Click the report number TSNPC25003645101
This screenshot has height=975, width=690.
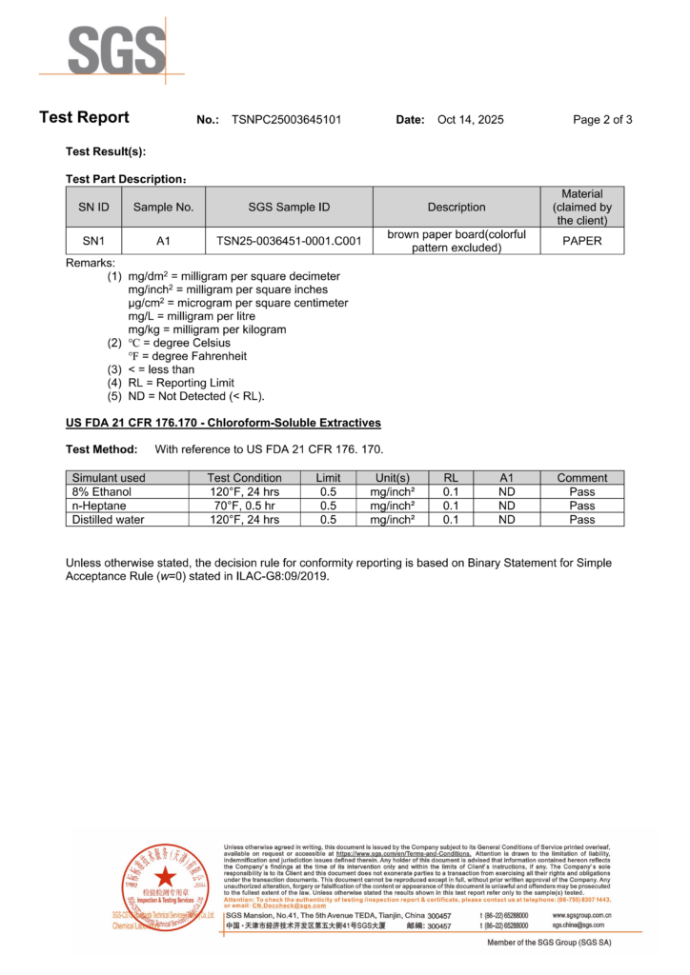pos(286,120)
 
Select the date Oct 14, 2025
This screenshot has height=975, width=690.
pos(470,120)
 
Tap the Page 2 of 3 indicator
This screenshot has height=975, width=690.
pos(602,120)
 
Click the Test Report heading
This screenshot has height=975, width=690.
pos(84,118)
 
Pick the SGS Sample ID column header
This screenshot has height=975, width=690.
pos(289,207)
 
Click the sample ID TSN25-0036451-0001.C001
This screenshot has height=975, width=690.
pos(289,241)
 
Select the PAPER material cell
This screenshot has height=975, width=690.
pos(581,241)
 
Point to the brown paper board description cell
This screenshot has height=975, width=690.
pos(457,241)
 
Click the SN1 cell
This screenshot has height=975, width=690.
pos(93,241)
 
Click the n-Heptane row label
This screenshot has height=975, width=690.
pos(99,506)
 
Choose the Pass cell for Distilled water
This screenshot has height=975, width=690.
pos(581,520)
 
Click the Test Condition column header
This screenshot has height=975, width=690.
pos(245,478)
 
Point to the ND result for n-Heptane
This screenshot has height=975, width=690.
pos(506,506)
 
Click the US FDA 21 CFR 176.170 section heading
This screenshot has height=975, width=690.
pos(223,423)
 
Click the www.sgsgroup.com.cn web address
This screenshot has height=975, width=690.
pos(581,915)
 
